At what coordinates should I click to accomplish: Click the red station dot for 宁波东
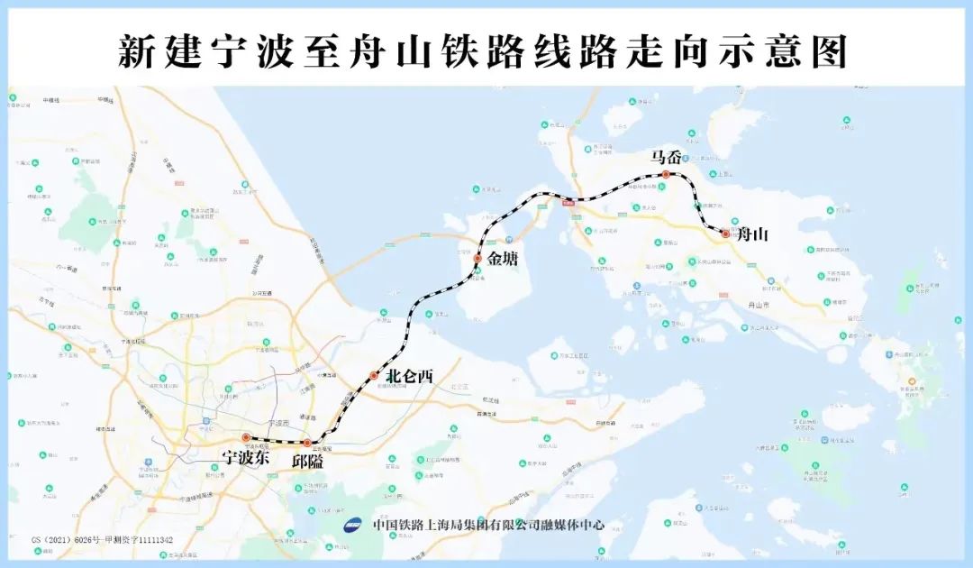click(246, 438)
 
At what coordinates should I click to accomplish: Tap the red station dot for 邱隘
click(307, 443)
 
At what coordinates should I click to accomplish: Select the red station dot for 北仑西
click(374, 375)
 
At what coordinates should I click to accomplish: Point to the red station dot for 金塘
click(477, 259)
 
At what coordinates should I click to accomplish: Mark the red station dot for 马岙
click(666, 174)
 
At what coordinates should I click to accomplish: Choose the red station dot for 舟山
click(725, 234)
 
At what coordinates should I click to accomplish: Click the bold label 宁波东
click(246, 457)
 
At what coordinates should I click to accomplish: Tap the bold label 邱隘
click(306, 460)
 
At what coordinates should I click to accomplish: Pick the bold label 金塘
click(505, 260)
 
